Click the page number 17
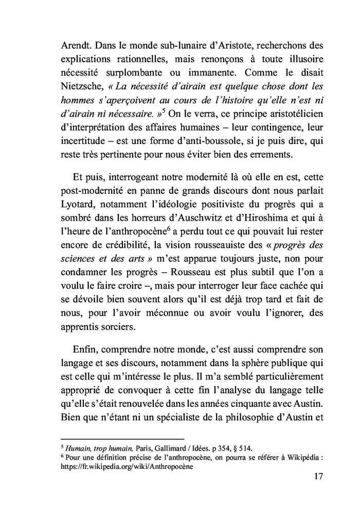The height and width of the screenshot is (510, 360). [317, 477]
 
